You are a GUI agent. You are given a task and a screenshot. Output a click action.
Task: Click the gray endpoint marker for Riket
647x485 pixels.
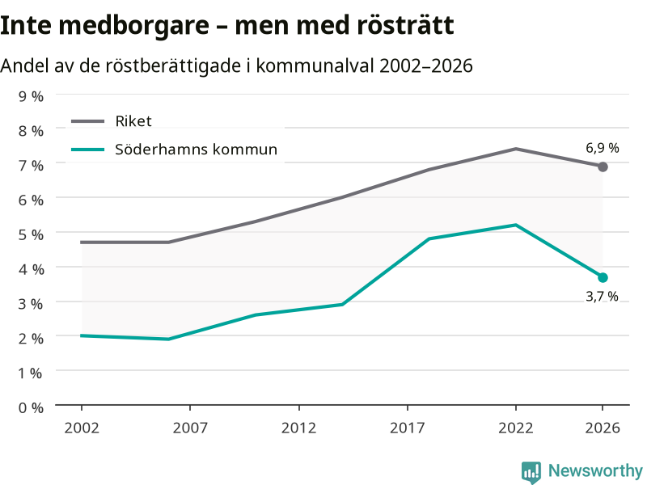tap(603, 167)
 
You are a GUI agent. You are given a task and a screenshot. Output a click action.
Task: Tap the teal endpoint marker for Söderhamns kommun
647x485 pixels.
tap(603, 277)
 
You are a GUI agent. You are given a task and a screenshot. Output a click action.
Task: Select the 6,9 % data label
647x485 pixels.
tap(603, 148)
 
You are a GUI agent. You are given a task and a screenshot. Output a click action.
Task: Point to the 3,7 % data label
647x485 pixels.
tap(602, 296)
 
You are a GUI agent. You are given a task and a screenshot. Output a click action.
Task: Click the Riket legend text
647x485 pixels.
tap(133, 121)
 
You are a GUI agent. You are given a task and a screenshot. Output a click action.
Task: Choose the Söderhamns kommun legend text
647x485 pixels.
tap(196, 150)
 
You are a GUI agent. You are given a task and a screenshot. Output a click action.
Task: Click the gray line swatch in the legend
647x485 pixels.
tap(88, 121)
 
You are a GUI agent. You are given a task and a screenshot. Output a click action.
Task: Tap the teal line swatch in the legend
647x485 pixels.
tap(88, 150)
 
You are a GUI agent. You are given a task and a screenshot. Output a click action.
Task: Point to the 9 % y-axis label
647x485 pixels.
tap(31, 96)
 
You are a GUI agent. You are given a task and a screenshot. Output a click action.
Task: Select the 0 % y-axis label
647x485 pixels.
tap(31, 408)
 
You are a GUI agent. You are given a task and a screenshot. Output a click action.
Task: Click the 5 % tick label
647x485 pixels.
tap(31, 234)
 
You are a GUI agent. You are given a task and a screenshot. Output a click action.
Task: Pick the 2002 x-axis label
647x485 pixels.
tap(82, 428)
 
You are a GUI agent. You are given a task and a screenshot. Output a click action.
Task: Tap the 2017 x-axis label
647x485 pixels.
tap(408, 428)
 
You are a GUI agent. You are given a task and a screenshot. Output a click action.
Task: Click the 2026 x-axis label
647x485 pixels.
tap(603, 428)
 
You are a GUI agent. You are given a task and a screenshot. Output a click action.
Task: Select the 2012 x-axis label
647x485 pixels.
tap(298, 428)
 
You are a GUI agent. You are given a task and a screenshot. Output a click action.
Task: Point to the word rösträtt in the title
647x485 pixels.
tap(405, 25)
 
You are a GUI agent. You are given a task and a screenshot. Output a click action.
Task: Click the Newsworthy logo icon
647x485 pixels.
tap(531, 472)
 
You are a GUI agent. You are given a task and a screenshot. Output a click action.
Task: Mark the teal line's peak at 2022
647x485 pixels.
tap(516, 225)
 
